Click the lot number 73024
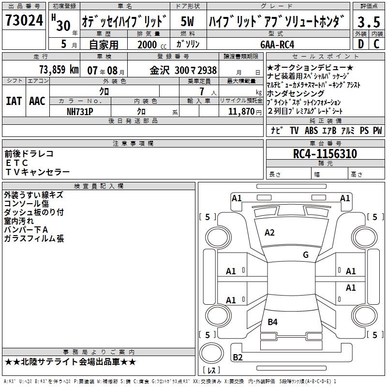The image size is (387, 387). point(24,20)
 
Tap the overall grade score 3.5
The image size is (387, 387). point(369,22)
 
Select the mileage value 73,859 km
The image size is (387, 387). point(59,70)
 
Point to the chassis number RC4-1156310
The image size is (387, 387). point(325,154)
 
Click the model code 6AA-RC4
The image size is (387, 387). point(277,45)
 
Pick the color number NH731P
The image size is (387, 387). point(80,112)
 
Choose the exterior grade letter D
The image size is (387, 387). point(360,44)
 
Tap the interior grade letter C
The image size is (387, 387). point(376,44)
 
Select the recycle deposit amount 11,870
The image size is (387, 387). point(241,112)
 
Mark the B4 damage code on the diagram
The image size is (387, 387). point(272,322)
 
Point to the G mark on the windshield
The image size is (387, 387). point(306,255)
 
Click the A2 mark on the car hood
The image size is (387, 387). point(269,233)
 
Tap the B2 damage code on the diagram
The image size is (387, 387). point(238,357)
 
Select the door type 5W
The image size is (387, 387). point(187,21)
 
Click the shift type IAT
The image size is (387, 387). point(14,101)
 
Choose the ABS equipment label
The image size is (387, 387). point(311,130)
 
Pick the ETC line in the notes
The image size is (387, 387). point(17,163)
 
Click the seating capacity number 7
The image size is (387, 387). point(202,91)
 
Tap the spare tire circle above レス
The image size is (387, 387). point(211,353)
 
